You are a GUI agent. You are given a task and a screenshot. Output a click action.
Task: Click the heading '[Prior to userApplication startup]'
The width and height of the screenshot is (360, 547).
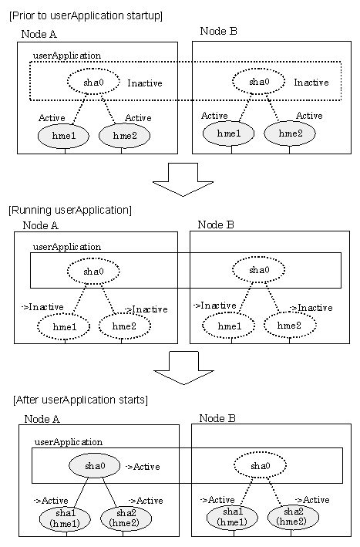coord(86,15)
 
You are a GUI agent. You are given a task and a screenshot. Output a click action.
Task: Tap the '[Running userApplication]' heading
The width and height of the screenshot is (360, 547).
coord(70,210)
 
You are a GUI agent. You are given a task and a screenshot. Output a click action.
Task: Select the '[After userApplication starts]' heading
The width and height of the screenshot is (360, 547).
coord(80,400)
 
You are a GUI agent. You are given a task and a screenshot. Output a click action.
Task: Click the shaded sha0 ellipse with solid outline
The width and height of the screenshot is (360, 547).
coord(95,466)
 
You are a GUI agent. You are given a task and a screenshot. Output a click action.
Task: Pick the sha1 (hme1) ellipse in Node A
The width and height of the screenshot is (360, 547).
coord(65,518)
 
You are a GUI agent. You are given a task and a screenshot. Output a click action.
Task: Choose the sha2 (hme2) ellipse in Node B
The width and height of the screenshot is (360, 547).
coord(293,517)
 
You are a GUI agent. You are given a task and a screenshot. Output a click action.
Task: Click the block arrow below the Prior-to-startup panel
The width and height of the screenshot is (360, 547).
coord(183,180)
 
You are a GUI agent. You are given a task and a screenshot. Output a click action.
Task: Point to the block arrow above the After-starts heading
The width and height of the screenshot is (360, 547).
coord(183,368)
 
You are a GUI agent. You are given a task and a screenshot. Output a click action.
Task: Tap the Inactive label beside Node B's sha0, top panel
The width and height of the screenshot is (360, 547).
coord(311,83)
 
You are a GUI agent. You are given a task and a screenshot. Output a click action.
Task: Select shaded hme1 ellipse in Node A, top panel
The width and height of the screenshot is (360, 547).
coord(63,135)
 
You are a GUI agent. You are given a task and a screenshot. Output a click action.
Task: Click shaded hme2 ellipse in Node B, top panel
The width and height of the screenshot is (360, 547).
coord(290,133)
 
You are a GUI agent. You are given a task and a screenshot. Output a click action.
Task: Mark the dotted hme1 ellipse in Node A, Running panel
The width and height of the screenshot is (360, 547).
coord(64,327)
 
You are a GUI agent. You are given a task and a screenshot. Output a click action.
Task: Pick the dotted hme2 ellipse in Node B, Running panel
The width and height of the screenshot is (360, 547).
coord(290,325)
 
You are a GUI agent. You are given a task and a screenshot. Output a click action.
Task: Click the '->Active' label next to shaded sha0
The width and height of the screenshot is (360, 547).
coord(143,467)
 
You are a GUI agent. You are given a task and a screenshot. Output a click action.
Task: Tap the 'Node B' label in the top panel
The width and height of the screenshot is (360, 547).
coord(218,31)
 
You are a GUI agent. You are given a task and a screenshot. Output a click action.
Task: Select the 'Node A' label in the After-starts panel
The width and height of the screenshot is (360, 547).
coord(42,419)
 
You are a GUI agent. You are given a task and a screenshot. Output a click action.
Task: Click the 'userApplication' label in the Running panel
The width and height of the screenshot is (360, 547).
coord(67,247)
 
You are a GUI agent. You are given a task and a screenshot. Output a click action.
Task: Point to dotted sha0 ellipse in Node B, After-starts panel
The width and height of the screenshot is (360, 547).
coord(260,465)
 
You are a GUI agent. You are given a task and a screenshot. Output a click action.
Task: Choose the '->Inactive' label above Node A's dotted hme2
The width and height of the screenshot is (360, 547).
coord(146,309)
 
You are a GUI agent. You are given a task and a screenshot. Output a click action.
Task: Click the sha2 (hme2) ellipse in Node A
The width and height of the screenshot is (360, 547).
coord(126,518)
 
